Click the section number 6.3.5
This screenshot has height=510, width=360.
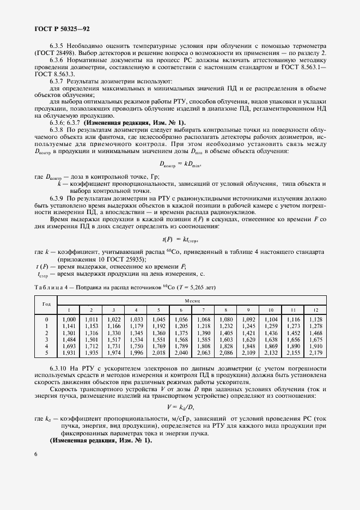[59, 46]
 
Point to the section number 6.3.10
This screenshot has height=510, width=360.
[60, 369]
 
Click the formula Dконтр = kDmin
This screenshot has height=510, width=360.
[180, 163]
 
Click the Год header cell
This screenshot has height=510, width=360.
[46, 305]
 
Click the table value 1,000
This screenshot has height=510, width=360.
[69, 319]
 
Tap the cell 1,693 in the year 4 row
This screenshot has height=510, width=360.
[69, 346]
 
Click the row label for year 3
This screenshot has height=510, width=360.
[47, 339]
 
